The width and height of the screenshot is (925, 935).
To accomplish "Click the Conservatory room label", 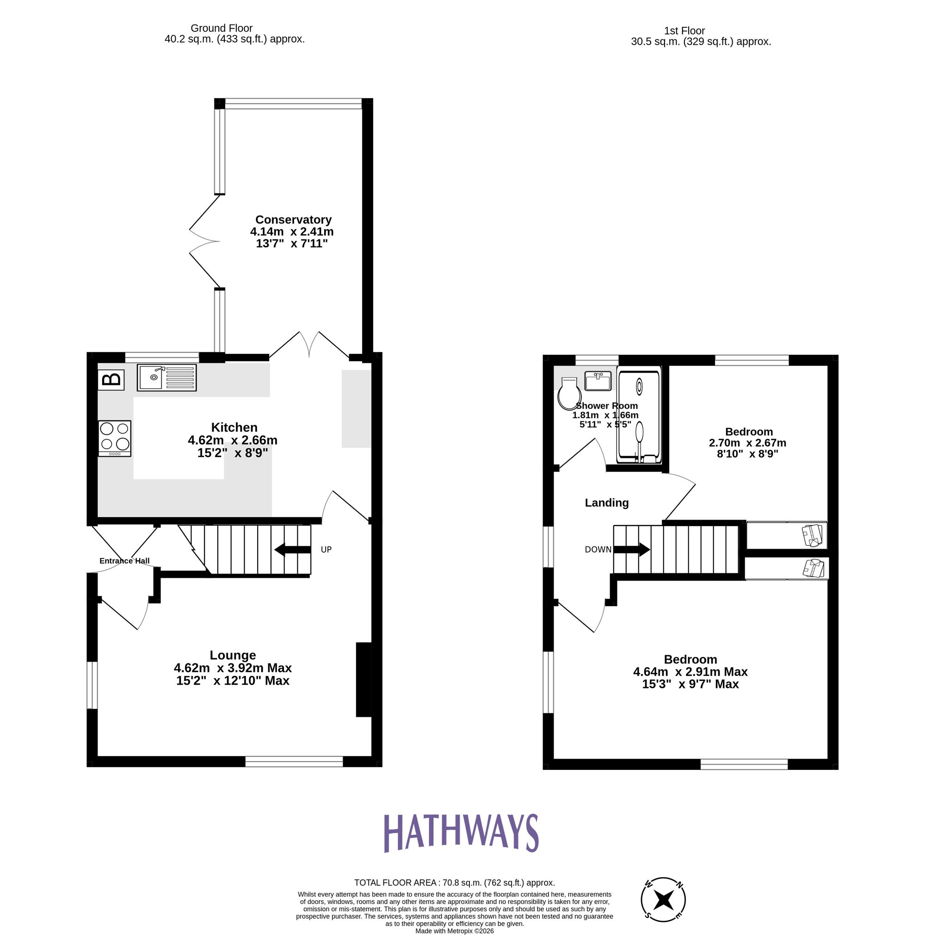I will point(293,219).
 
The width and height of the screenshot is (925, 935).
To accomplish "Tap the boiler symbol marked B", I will point(111,379).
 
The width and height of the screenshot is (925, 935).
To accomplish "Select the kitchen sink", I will point(166,378).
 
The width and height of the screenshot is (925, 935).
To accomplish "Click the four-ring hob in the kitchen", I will point(115,438).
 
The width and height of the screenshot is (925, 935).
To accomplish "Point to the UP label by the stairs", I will point(326,549).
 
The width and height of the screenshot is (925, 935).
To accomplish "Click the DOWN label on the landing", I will point(598,549).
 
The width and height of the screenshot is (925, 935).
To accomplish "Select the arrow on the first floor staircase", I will point(632,549).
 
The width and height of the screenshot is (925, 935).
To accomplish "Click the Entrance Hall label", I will point(124,561).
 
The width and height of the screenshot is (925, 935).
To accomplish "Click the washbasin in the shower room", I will point(598,380).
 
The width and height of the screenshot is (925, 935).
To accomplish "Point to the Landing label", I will point(607,502).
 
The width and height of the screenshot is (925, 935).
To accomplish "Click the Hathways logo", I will point(461,833).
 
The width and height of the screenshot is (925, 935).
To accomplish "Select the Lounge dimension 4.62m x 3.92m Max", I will point(233,668).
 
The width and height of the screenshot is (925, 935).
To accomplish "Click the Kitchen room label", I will point(234,427).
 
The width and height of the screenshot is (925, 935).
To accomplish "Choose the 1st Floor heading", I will point(684,31).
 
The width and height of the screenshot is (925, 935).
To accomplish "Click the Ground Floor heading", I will point(221,28).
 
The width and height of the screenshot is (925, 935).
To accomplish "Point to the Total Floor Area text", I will point(454,883).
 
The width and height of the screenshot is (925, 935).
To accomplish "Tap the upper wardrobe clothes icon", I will point(813,535).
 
